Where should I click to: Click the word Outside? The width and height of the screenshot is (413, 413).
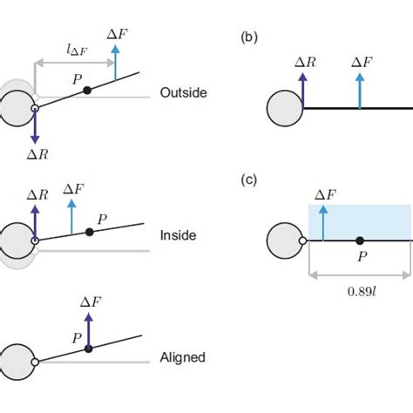(183, 93)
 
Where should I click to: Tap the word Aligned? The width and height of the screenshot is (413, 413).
(183, 357)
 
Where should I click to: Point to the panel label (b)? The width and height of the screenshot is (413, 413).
(250, 38)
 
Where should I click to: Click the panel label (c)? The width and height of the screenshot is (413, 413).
(250, 180)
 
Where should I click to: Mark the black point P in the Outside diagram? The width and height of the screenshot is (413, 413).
(87, 91)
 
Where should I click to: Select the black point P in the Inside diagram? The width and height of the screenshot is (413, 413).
(89, 232)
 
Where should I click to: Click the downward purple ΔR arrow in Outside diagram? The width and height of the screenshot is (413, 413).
(34, 126)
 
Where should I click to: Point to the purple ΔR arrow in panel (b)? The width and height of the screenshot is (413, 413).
(303, 90)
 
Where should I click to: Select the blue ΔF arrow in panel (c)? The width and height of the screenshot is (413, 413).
(323, 223)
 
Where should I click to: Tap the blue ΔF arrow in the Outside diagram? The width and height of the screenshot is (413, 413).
(114, 66)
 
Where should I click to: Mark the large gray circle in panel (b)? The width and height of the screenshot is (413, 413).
(283, 108)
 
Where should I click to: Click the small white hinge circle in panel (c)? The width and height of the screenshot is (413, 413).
(302, 240)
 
